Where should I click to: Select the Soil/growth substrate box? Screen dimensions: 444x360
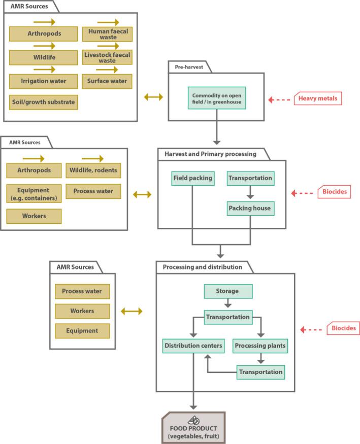(44, 102)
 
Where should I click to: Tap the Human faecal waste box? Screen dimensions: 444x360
(107, 34)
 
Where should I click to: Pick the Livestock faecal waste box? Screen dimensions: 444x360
(107, 57)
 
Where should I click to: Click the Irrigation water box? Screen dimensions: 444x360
(44, 81)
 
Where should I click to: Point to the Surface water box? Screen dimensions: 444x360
(107, 81)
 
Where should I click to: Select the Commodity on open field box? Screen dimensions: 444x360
(217, 98)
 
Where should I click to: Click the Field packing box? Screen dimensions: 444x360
(192, 178)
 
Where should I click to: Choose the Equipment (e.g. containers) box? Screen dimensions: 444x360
(34, 194)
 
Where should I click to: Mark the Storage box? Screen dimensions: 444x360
(228, 291)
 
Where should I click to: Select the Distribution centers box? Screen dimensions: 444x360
(193, 346)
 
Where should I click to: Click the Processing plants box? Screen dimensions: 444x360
(260, 346)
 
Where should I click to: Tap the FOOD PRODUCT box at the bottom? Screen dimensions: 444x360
(193, 430)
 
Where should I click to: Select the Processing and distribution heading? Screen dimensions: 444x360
(202, 267)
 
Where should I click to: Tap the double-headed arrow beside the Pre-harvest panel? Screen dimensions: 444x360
(153, 97)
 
